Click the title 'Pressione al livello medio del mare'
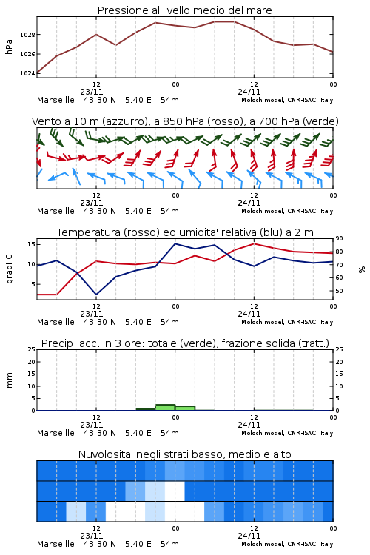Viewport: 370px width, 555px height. [x=184, y=10]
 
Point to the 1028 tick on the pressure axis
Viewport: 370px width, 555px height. [x=27, y=35]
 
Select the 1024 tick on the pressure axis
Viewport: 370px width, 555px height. [x=27, y=73]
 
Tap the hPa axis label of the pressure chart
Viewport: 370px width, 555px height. [x=9, y=47]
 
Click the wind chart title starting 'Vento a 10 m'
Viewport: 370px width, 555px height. [x=185, y=121]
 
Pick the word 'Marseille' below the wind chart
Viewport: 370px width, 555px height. [x=55, y=211]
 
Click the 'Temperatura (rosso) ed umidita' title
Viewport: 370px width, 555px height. [x=185, y=232]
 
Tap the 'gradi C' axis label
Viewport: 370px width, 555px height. [x=10, y=269]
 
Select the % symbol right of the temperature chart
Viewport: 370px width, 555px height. [x=362, y=269]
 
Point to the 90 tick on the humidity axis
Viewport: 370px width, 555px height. [x=339, y=238]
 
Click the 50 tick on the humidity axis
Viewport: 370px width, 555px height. [x=339, y=291]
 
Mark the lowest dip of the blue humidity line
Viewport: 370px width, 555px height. [x=96, y=295]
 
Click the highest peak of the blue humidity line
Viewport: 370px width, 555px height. [x=175, y=243]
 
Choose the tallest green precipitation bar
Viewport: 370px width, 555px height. [x=165, y=408]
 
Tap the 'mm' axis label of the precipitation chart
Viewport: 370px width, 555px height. [x=9, y=380]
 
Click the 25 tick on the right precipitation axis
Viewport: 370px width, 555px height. [x=339, y=349]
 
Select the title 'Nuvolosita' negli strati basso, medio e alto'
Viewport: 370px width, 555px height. [x=184, y=454]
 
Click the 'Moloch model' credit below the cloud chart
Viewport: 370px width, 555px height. [x=263, y=544]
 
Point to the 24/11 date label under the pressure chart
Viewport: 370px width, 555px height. [x=249, y=92]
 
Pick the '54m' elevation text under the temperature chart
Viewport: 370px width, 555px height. [x=169, y=322]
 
